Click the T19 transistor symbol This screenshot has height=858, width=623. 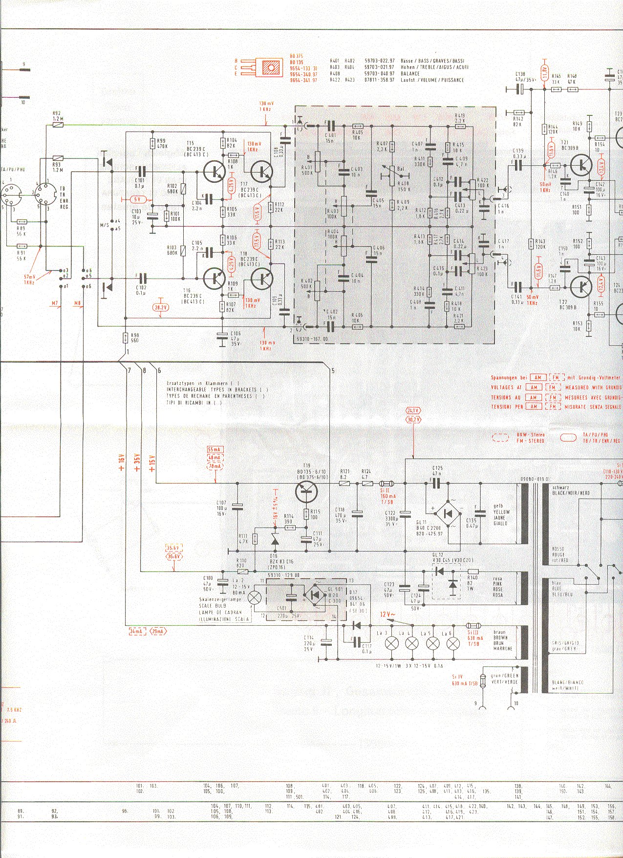click(307, 491)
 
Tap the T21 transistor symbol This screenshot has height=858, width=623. click(581, 165)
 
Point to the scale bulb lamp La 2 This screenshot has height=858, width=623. click(255, 597)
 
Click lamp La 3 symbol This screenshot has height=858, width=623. click(391, 643)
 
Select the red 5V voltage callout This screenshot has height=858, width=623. click(138, 199)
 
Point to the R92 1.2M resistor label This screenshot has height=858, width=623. click(57, 116)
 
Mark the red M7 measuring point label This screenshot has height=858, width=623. click(55, 304)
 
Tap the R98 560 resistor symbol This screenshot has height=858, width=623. click(126, 337)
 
